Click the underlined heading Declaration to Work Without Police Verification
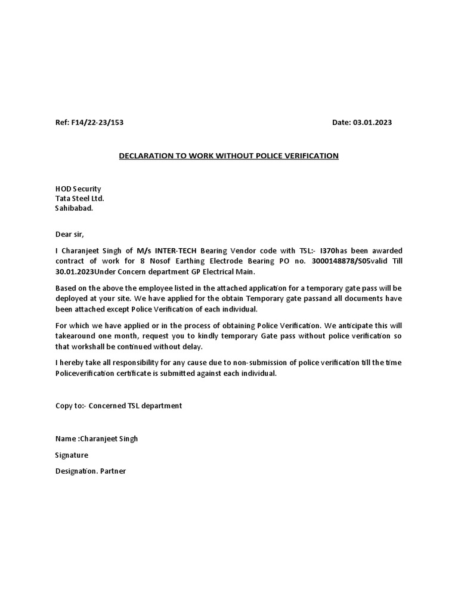[228, 156]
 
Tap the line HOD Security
[78, 189]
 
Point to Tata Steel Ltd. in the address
[79, 199]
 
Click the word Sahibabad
[74, 209]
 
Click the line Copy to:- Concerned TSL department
[119, 406]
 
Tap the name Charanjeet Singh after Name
[113, 439]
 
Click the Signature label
[72, 455]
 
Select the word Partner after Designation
[113, 471]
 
